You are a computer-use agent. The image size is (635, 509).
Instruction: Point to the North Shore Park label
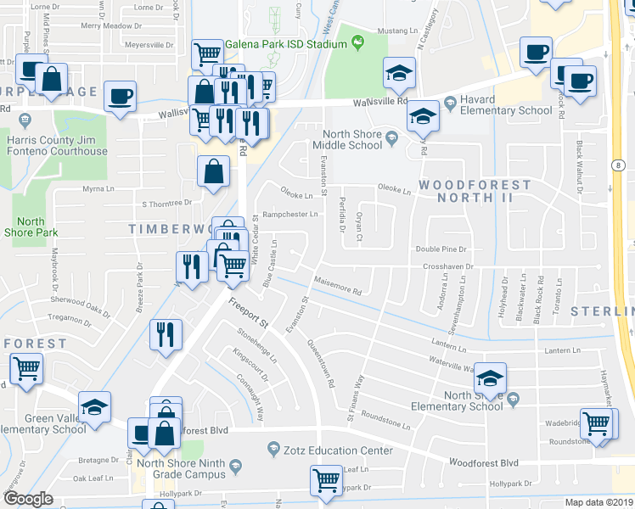click(31, 227)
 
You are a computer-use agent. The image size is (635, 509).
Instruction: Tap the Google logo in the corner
click(28, 499)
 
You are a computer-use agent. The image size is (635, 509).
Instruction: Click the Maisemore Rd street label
click(338, 288)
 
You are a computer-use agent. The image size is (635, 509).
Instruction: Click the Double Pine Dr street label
click(441, 249)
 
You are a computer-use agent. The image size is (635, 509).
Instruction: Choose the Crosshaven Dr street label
click(447, 266)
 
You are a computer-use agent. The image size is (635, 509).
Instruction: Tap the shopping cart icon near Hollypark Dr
click(326, 481)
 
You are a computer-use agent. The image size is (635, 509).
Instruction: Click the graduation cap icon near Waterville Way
click(490, 378)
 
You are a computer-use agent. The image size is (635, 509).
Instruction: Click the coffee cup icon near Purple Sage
click(120, 96)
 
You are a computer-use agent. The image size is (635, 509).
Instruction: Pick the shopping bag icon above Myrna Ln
click(213, 171)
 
